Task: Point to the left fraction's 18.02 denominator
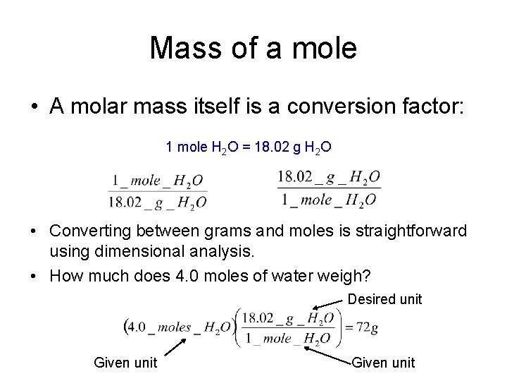124,202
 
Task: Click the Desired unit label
385,299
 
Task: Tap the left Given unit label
126,363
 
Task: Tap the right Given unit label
384,363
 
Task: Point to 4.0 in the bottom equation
137,327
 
